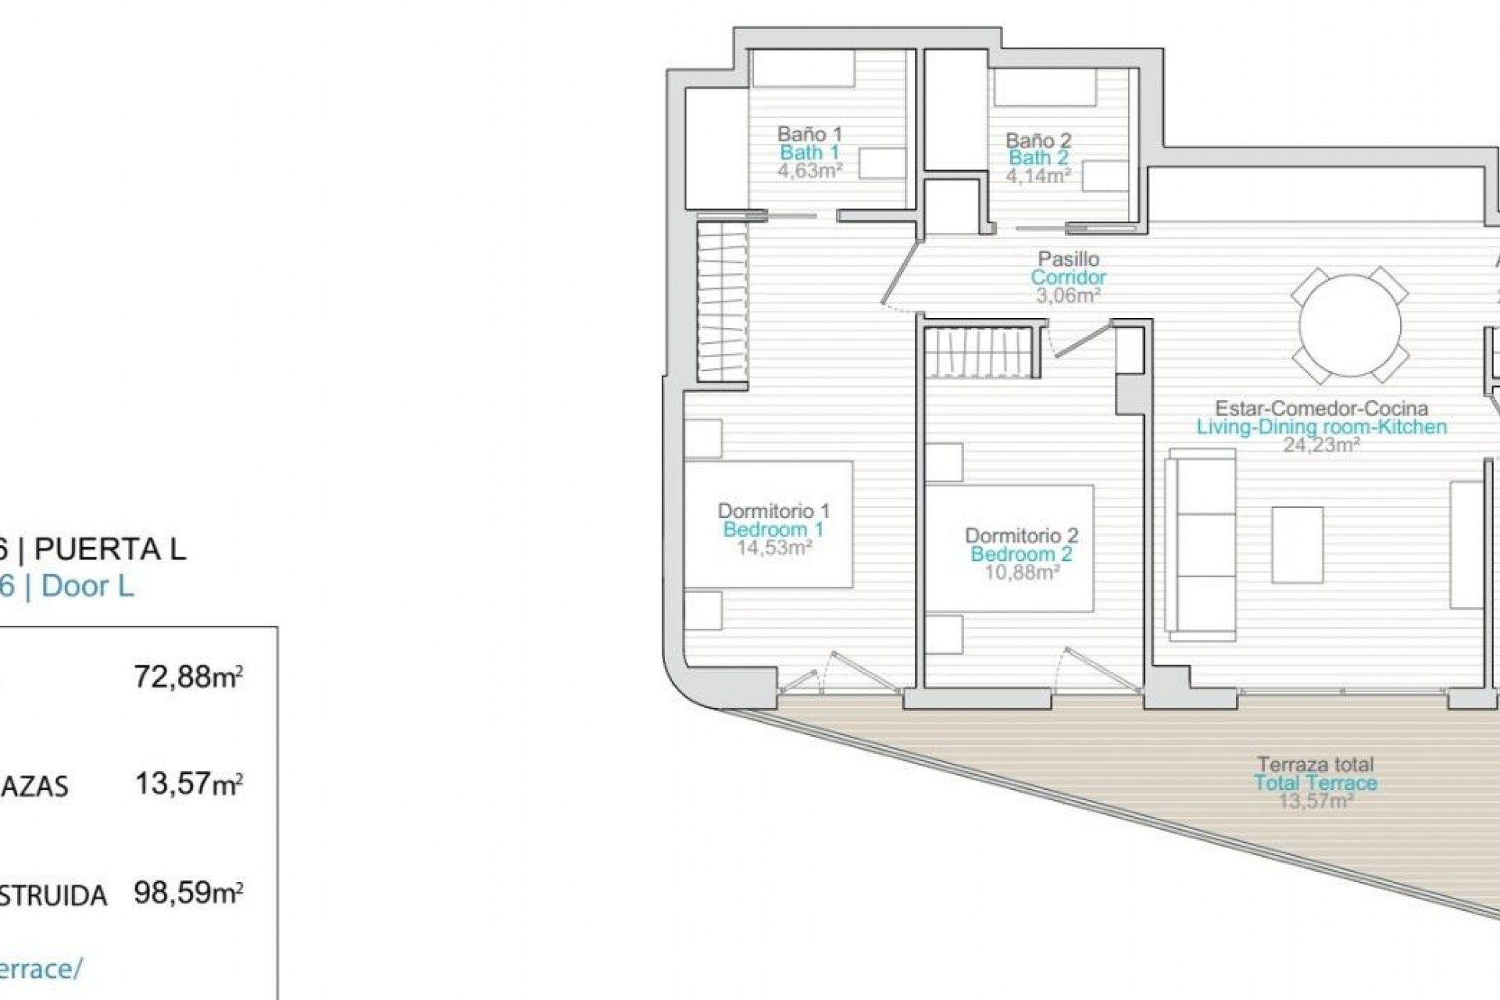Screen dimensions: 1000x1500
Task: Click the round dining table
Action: pyautogui.click(x=1349, y=326)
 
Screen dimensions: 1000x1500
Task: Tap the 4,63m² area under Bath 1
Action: pyautogui.click(x=809, y=171)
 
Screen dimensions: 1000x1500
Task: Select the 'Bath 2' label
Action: pyautogui.click(x=1038, y=158)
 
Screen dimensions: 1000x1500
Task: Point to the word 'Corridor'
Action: pyautogui.click(x=1068, y=277)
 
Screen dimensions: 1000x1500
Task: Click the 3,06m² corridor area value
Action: pyautogui.click(x=1068, y=296)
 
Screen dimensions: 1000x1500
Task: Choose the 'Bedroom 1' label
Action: pyautogui.click(x=773, y=530)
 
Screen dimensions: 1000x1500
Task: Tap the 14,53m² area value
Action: pyautogui.click(x=773, y=548)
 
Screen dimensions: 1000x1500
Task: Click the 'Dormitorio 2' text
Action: pyautogui.click(x=1021, y=536)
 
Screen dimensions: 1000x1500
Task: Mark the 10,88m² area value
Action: pyautogui.click(x=1021, y=573)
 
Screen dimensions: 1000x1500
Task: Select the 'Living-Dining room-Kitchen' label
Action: pyautogui.click(x=1321, y=427)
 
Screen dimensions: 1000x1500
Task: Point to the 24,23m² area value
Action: pyautogui.click(x=1321, y=445)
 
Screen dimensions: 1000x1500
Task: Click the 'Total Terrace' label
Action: pyautogui.click(x=1316, y=783)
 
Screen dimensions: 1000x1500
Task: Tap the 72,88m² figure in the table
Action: pyautogui.click(x=187, y=676)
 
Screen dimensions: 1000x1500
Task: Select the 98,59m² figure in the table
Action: pyautogui.click(x=187, y=891)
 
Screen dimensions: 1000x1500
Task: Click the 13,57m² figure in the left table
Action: pyautogui.click(x=187, y=783)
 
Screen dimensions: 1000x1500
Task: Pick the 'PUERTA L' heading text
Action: pyautogui.click(x=110, y=550)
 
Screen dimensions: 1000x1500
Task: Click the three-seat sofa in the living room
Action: pyautogui.click(x=1200, y=544)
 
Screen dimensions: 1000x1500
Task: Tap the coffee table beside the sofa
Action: pyautogui.click(x=1297, y=545)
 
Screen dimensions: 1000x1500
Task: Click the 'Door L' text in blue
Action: pyautogui.click(x=87, y=586)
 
